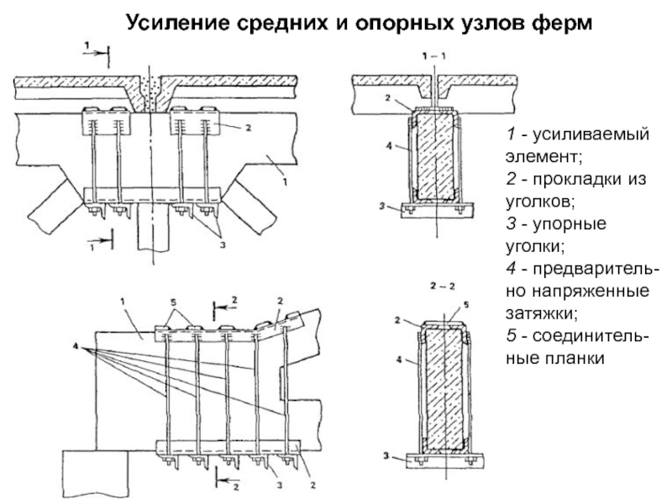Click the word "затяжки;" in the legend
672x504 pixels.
pyautogui.click(x=533, y=313)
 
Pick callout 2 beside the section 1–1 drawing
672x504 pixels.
pyautogui.click(x=389, y=98)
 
